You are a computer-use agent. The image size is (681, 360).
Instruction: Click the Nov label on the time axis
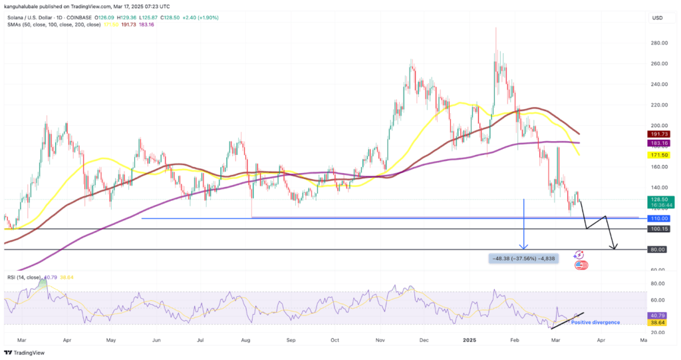[x=380, y=339]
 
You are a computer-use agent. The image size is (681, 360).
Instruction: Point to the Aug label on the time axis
[x=246, y=339]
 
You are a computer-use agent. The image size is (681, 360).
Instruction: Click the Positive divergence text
[x=595, y=322]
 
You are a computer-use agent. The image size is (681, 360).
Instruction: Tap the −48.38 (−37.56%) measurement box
[x=522, y=258]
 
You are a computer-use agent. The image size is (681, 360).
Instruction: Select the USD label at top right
[x=656, y=17]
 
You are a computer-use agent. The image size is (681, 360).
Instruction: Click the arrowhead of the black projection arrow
[x=615, y=248]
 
